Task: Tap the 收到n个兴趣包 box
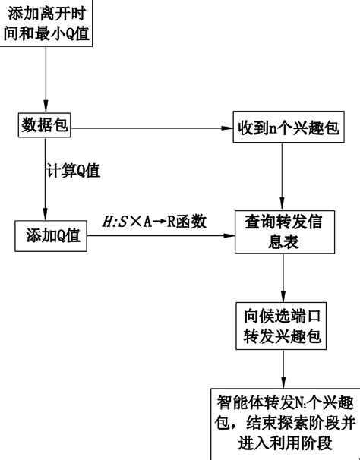coord(283,126)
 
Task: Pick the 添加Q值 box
coord(51,237)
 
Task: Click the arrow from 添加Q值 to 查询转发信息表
coord(159,237)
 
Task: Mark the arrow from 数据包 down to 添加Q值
coord(45,182)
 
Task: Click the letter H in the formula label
coord(106,222)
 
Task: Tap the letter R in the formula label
coord(172,222)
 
